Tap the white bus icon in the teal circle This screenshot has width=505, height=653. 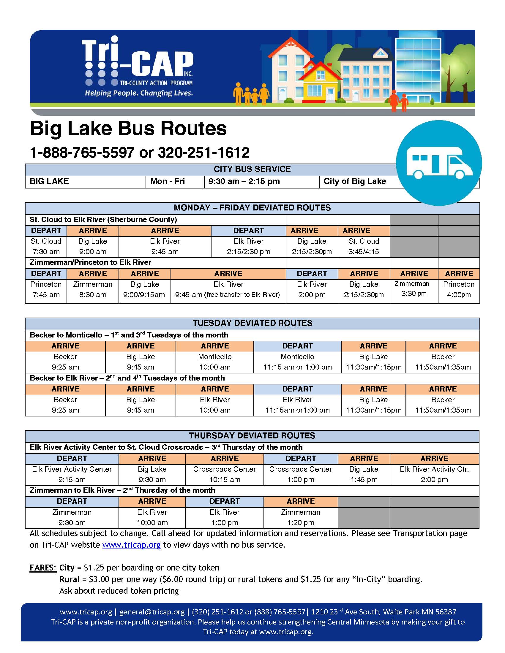(439, 163)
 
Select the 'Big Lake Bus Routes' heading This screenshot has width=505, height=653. (128, 129)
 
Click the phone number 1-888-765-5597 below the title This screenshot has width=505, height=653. (82, 153)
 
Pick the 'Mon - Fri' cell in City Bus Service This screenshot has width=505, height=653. (168, 181)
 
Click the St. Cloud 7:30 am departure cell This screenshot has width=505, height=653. (46, 246)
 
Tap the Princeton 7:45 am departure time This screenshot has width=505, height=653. (46, 294)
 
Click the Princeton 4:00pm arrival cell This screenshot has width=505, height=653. (459, 289)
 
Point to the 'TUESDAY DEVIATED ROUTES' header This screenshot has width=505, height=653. (252, 323)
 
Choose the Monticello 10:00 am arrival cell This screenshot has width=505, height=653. (215, 362)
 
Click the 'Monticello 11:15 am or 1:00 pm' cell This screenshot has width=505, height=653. (297, 362)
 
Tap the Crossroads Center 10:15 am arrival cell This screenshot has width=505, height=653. (224, 474)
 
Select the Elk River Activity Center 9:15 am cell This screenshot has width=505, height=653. (72, 474)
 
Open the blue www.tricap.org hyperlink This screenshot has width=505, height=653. (131, 545)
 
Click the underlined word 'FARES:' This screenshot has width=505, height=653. (43, 568)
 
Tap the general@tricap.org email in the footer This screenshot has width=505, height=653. (152, 612)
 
